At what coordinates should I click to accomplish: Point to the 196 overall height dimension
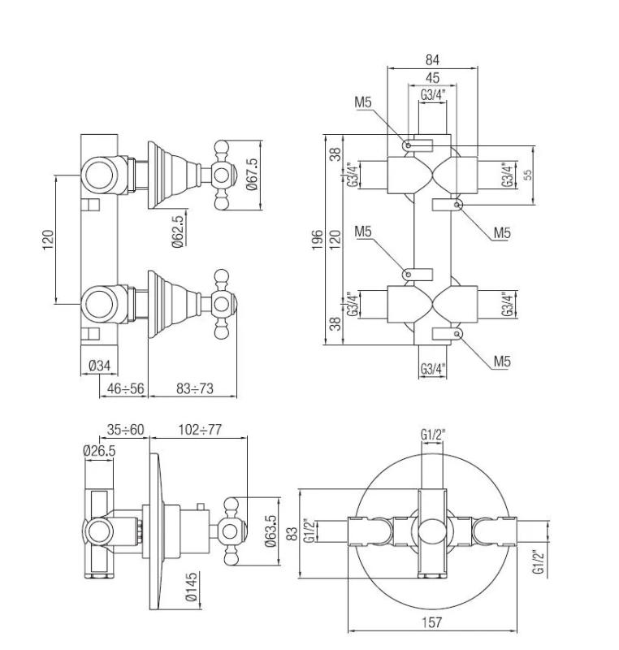pos(318,240)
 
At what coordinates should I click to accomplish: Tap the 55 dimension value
pos(528,175)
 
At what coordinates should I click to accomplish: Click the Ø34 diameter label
pos(99,366)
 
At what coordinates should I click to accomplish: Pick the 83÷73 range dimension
pos(194,389)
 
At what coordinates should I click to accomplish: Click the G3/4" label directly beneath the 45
pos(432,96)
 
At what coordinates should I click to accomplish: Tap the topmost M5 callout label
pos(363,102)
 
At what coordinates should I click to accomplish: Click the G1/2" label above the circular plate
pos(433,435)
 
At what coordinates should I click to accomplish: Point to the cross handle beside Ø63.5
pos(229,532)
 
